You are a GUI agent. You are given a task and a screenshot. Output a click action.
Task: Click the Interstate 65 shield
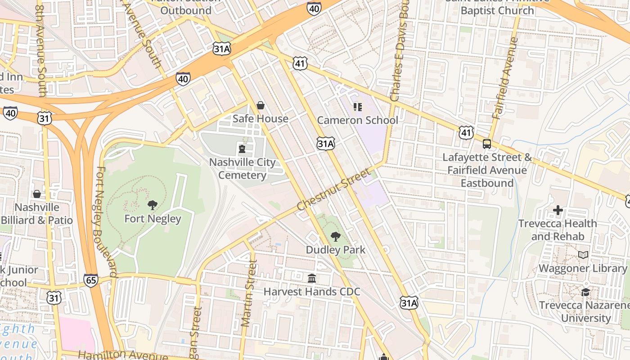[90, 280]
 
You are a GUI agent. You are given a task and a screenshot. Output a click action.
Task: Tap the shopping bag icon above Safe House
[260, 105]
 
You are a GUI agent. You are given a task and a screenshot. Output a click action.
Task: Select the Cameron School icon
[358, 107]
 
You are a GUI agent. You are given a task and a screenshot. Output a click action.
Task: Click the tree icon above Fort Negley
[153, 205]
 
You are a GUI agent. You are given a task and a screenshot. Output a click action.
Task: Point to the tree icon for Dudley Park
[335, 236]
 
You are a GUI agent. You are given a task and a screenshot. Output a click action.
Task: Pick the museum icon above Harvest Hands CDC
[312, 278]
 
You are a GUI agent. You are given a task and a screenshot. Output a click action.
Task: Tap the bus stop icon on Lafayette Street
[487, 144]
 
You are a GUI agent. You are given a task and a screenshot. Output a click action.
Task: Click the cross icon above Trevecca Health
[558, 210]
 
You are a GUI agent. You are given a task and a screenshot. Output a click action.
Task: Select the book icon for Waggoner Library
[583, 255]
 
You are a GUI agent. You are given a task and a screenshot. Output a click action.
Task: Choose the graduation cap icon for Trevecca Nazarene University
[585, 292]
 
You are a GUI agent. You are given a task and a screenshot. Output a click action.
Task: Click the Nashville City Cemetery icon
[242, 148]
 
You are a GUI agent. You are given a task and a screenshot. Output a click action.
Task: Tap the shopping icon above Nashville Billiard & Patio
[37, 194]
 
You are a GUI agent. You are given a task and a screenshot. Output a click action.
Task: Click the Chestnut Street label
[334, 189]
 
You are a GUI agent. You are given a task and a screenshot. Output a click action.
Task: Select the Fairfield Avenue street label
[505, 78]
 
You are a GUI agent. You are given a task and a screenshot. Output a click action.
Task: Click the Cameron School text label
[358, 120]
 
